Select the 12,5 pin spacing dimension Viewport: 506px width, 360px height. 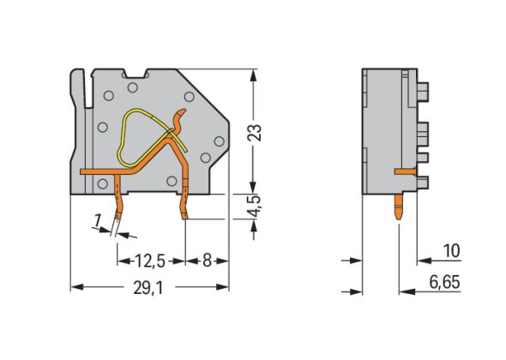click(150, 261)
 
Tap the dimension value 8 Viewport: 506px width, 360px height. click(207, 261)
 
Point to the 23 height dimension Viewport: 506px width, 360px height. click(255, 132)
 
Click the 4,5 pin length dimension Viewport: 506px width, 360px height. click(255, 206)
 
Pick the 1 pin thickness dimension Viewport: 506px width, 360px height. click(97, 222)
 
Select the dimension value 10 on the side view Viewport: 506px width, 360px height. click(451, 251)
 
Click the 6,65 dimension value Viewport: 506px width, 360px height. click(445, 282)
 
